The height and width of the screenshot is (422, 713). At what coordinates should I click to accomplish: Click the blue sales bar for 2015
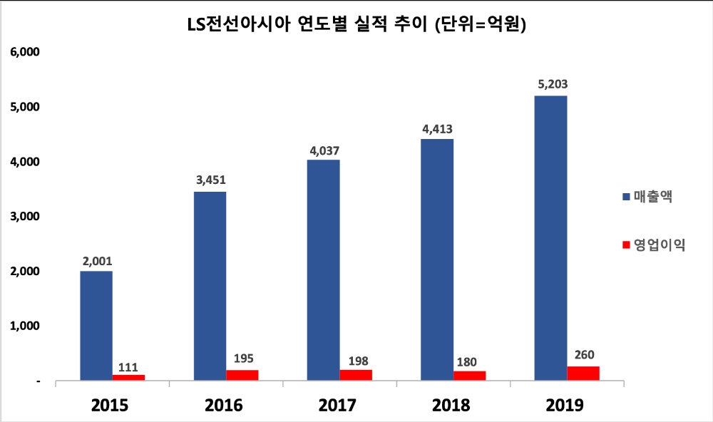tap(96, 326)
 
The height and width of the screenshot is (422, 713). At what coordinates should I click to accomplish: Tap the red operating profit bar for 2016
tap(242, 375)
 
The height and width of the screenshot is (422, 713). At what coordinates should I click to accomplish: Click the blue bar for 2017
tap(323, 271)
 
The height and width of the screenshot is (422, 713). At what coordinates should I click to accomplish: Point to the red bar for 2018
tap(469, 376)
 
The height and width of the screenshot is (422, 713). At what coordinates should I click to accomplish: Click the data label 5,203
tap(553, 84)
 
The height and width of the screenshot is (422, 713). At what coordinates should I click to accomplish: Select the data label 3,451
tap(210, 180)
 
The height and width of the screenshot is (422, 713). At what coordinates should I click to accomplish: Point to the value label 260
tap(583, 354)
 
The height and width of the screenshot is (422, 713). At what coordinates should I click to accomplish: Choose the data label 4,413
tap(438, 129)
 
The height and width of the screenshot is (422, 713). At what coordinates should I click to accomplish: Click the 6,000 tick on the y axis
tap(24, 53)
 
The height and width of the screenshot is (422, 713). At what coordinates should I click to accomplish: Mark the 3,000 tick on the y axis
tap(24, 217)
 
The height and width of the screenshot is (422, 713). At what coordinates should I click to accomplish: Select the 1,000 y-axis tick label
tap(24, 326)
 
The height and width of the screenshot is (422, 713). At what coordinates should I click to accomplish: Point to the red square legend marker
tap(626, 245)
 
